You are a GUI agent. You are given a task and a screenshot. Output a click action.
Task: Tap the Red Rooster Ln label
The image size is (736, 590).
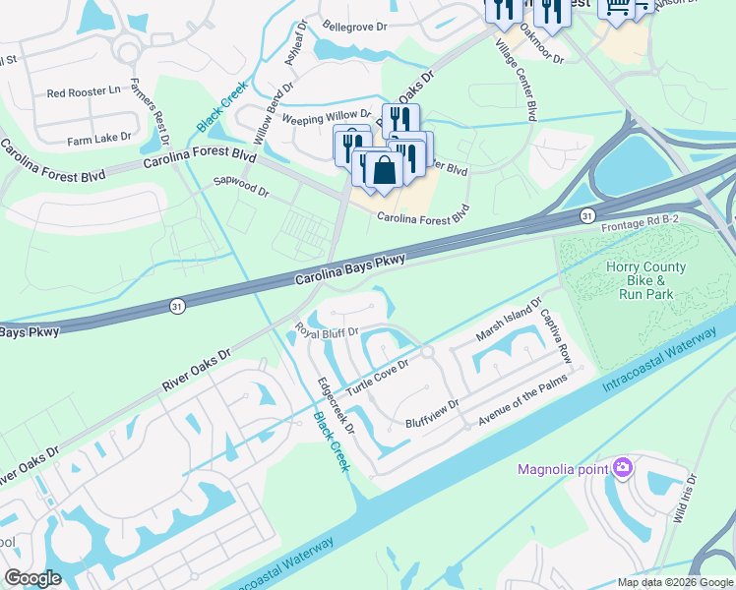point(84,92)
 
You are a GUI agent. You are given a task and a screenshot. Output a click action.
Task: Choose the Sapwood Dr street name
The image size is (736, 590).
point(241,183)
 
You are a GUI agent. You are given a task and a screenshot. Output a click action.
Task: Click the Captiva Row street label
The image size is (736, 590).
point(556,335)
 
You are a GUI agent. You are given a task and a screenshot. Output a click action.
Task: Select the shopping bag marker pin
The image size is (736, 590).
point(385,169)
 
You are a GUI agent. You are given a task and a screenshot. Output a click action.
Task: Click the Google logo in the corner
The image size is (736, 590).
point(33,578)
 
